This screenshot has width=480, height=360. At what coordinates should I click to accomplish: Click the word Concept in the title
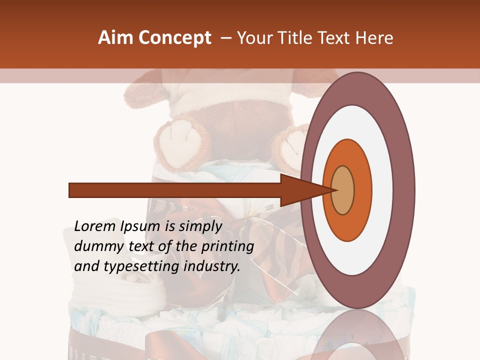coord(174,38)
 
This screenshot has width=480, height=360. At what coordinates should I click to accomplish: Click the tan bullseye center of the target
coord(342,190)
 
